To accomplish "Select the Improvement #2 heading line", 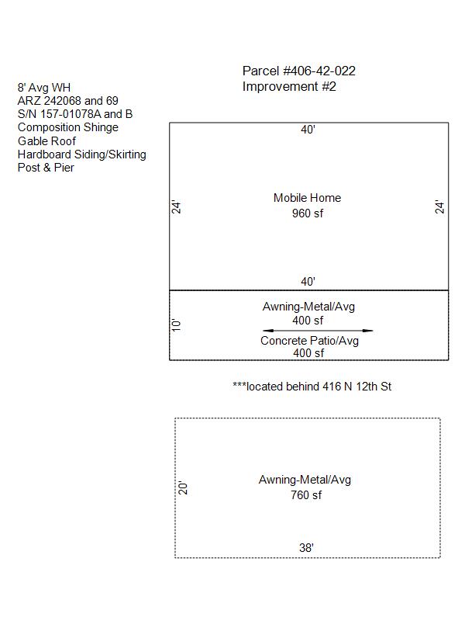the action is pyautogui.click(x=289, y=86).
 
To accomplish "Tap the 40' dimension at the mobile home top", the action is pyautogui.click(x=308, y=130).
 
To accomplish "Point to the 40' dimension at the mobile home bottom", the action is pyautogui.click(x=308, y=282).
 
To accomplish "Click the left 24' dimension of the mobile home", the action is pyautogui.click(x=176, y=206).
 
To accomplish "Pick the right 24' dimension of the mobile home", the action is pyautogui.click(x=439, y=206).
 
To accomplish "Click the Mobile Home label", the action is pyautogui.click(x=307, y=198).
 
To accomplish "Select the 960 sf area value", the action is pyautogui.click(x=308, y=213).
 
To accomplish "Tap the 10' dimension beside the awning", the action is pyautogui.click(x=176, y=324).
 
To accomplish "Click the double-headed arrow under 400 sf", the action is pyautogui.click(x=318, y=331).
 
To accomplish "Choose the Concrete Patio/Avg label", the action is pyautogui.click(x=309, y=341).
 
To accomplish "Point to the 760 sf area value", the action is pyautogui.click(x=306, y=494).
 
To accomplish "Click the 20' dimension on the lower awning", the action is pyautogui.click(x=183, y=487).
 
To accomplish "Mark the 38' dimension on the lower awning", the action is pyautogui.click(x=306, y=548).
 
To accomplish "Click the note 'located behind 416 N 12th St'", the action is pyautogui.click(x=312, y=386).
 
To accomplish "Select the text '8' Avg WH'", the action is pyautogui.click(x=44, y=87).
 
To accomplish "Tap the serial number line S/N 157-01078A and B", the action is pyautogui.click(x=75, y=114).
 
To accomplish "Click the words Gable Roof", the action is pyautogui.click(x=46, y=141).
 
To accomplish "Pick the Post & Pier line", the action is pyautogui.click(x=46, y=168).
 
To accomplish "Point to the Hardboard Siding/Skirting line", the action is pyautogui.click(x=82, y=154).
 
